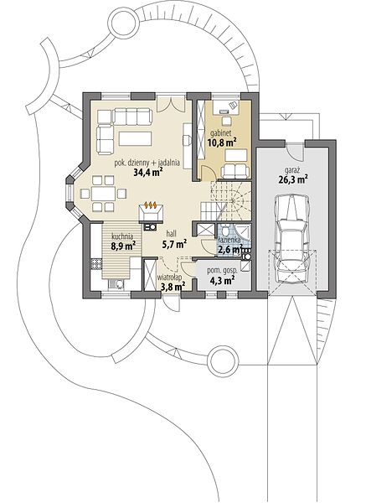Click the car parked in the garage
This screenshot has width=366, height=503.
pos(291,238)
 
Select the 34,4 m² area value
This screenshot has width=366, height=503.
pos(147,173)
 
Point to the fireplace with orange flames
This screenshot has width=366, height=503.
pos(151,213)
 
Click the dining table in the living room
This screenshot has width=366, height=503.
pos(103,194)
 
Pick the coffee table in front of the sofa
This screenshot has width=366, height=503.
pos(135,138)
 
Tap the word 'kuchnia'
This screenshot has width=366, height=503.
pos(122,237)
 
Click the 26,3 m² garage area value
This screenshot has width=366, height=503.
pos(293,179)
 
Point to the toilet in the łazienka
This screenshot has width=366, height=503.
pos(224,231)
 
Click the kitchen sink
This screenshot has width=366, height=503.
pos(116,284)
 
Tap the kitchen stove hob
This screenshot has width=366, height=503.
pos(96,264)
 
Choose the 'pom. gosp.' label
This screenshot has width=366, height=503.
pos(223,271)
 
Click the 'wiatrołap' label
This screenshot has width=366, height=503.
pos(170,277)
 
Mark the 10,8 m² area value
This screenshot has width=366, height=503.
pos(223,143)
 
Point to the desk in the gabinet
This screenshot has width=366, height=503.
pos(226,107)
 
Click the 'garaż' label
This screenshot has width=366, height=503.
pos(291,170)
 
